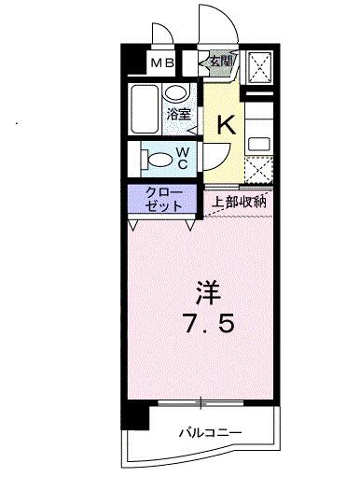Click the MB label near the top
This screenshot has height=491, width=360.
coord(163,63)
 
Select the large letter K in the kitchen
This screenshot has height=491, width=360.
coord(226,123)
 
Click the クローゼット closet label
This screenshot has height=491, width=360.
coord(162,199)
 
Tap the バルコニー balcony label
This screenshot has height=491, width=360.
coord(211,432)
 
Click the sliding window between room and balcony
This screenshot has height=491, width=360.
coord(200,402)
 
